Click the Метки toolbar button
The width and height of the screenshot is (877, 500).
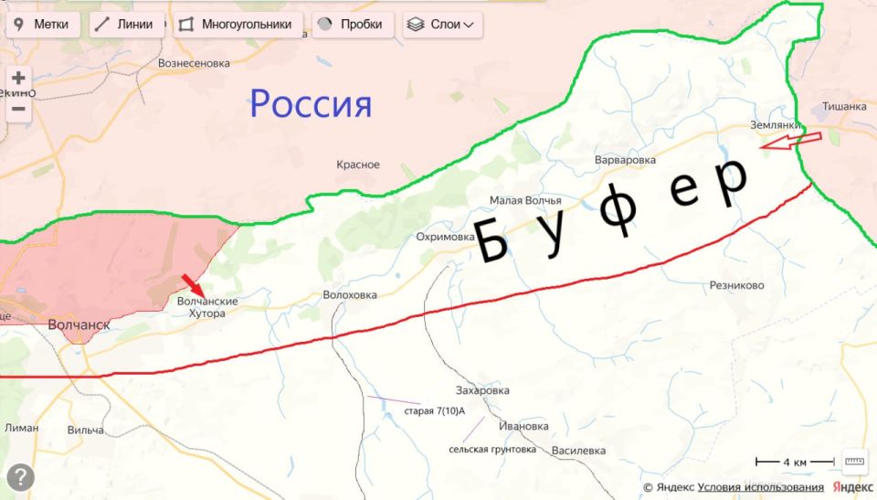point(42,25)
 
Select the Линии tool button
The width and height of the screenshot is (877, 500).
point(127,25)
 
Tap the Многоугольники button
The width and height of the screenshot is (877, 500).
point(238,25)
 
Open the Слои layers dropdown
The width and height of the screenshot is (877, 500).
point(443,25)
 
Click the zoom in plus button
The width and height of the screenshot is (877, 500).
point(18,79)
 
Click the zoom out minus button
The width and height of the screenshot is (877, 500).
point(18,110)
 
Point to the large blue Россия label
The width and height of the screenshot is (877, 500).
point(311,104)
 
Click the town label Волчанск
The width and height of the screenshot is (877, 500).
point(79,324)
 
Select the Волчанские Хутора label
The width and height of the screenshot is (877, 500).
point(207,307)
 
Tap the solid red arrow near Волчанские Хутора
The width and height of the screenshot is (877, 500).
point(192,284)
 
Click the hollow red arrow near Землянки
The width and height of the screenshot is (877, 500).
point(791,140)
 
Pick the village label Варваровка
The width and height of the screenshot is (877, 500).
point(625,161)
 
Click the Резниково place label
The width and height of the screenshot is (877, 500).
point(736,285)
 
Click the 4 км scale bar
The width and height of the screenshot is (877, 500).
point(794,463)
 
